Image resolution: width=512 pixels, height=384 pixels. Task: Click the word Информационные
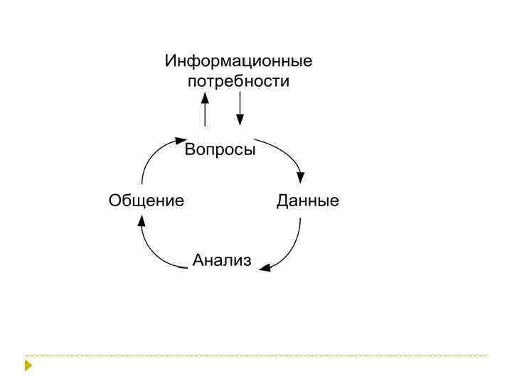pos(238,61)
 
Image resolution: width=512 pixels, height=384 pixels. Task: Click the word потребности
pos(238,81)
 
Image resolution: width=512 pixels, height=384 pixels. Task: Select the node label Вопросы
pos(220,150)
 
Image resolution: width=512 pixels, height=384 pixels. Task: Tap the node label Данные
pos(307,201)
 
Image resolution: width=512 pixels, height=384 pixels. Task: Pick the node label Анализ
pos(222,261)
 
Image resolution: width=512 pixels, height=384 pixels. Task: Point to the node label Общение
pos(146,201)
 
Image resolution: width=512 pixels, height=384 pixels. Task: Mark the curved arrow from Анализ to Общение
pos(152,252)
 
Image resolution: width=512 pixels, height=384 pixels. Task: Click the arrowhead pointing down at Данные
pos(302,178)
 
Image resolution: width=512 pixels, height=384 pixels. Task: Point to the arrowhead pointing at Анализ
pos(265,269)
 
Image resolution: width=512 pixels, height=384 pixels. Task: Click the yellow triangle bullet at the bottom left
pos(28,366)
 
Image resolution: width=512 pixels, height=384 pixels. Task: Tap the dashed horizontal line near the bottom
pos(256,356)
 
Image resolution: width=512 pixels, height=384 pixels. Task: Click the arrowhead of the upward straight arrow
pos(206,99)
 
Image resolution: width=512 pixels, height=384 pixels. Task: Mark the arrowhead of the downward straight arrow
pos(240,120)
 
